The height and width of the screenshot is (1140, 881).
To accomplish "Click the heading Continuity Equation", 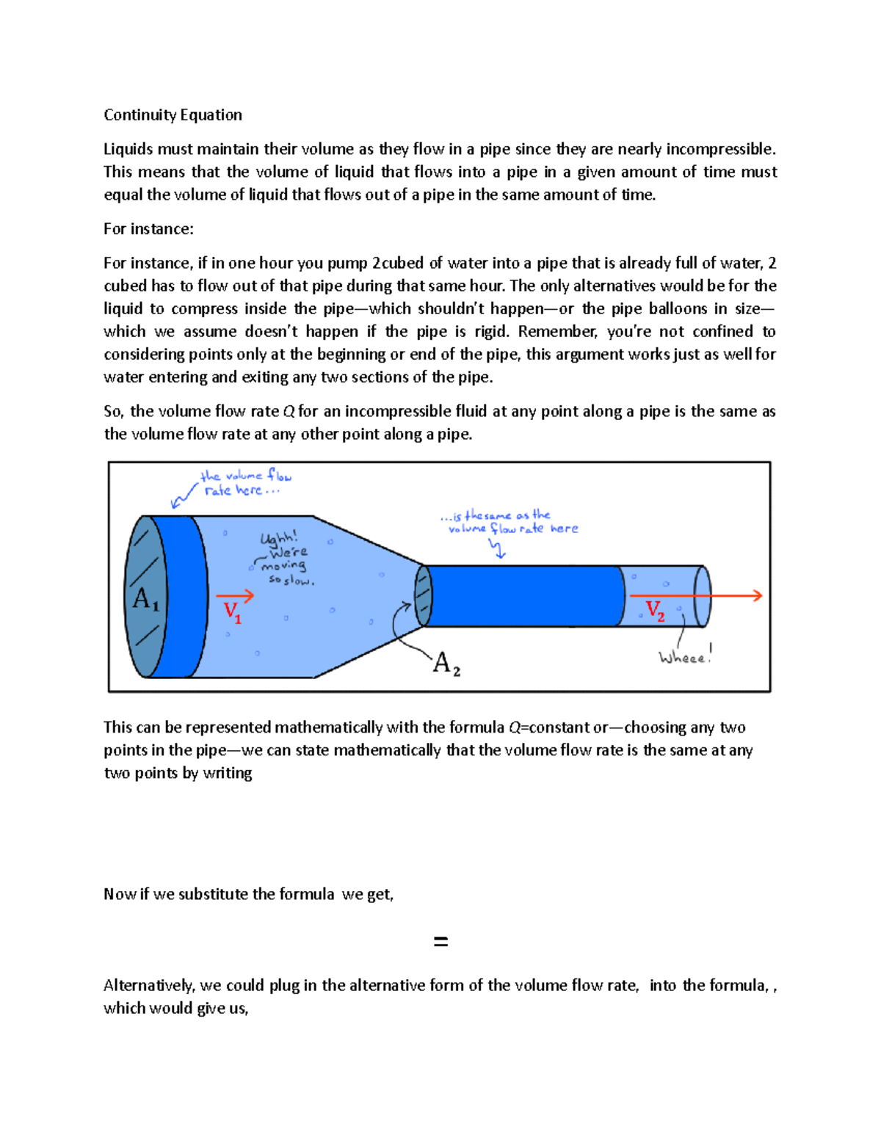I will click(173, 115).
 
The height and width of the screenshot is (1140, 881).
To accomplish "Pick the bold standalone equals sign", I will click(440, 941).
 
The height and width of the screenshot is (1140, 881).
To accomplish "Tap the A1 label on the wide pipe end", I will click(145, 599).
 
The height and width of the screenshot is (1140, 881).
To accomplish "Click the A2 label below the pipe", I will click(446, 664).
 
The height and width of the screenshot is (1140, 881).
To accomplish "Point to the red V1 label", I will click(232, 611).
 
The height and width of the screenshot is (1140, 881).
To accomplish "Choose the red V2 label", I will click(655, 610).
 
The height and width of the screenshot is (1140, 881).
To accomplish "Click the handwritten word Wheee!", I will click(685, 657).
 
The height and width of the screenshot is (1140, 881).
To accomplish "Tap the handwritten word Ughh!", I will click(279, 538).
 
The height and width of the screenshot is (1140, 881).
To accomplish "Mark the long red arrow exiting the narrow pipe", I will click(695, 595).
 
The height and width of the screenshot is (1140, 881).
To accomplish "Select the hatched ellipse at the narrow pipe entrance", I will click(423, 595).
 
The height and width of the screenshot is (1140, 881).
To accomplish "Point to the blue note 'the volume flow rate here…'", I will click(242, 483).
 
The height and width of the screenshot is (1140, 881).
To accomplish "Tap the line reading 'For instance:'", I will click(148, 228).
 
